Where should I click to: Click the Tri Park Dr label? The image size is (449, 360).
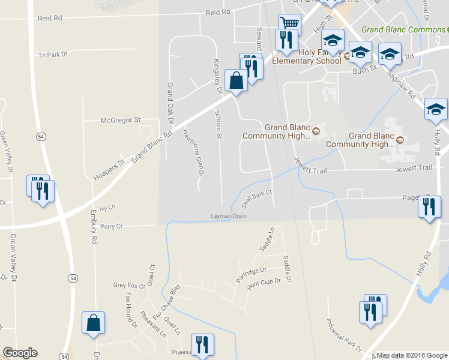(x=53, y=55)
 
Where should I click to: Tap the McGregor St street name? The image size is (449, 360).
(x=120, y=120)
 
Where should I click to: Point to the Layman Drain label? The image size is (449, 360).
(x=228, y=216)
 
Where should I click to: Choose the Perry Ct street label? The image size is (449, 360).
(x=111, y=226)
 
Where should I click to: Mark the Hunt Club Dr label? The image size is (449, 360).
(x=265, y=281)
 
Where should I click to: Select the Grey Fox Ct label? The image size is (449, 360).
(x=129, y=286)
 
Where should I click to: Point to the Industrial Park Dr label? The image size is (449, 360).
(x=344, y=335)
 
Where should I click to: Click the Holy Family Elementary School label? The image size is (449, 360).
(x=306, y=56)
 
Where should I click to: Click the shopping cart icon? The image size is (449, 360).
(x=289, y=23)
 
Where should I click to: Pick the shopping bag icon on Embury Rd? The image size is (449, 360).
(x=94, y=323)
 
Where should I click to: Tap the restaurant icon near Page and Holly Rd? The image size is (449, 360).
(x=429, y=207)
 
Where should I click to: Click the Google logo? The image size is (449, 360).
(x=20, y=353)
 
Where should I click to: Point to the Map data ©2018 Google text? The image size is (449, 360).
(x=412, y=355)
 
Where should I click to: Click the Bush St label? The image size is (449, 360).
(x=364, y=69)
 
